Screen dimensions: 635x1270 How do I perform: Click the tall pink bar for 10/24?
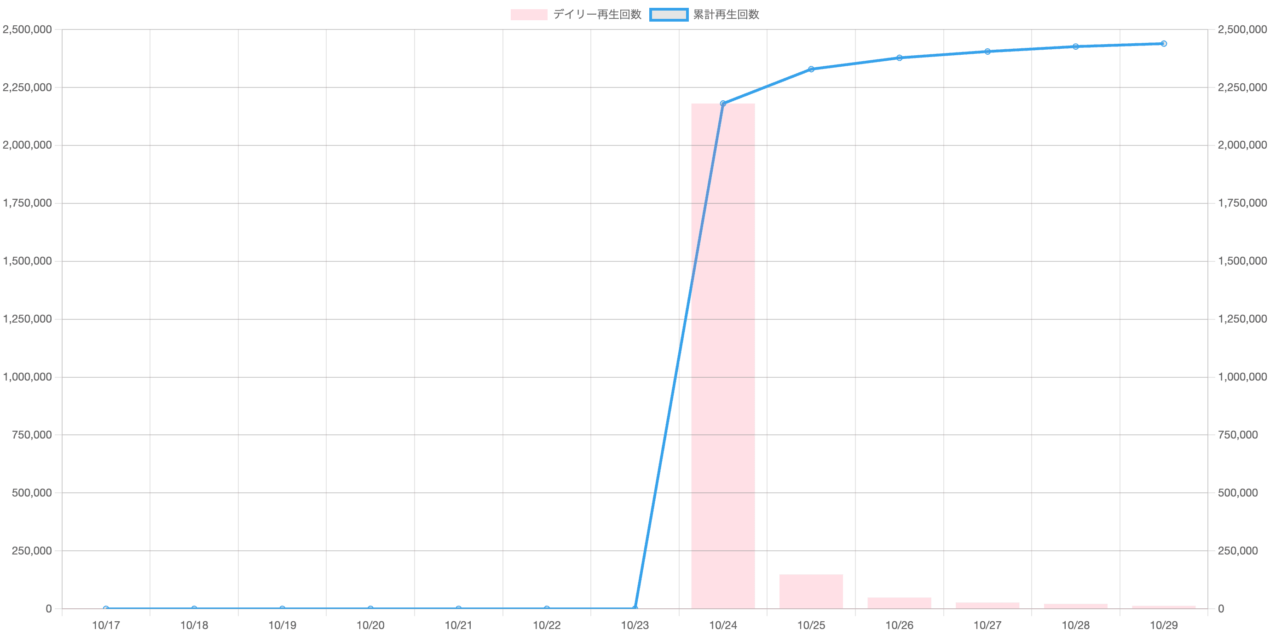[723, 355]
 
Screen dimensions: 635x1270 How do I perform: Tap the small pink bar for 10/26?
[899, 602]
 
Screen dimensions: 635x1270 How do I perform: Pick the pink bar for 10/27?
[987, 605]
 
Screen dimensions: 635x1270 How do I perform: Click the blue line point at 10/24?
[723, 104]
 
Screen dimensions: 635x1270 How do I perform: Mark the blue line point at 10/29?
[1164, 44]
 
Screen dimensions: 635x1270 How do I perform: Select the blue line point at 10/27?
[987, 51]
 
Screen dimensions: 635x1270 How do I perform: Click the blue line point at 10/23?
[635, 607]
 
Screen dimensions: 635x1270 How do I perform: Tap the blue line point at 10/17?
[106, 608]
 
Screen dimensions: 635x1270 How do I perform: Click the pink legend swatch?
[529, 15]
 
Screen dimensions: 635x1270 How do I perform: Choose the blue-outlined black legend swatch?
[669, 15]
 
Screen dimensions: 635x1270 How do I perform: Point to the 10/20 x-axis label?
[370, 625]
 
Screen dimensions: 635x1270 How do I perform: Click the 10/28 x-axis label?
[1076, 625]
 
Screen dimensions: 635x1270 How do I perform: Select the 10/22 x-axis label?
[547, 625]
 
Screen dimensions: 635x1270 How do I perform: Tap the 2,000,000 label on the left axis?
[28, 145]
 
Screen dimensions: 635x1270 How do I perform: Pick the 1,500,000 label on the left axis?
[28, 261]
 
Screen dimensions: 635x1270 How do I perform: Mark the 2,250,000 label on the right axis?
[1242, 87]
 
